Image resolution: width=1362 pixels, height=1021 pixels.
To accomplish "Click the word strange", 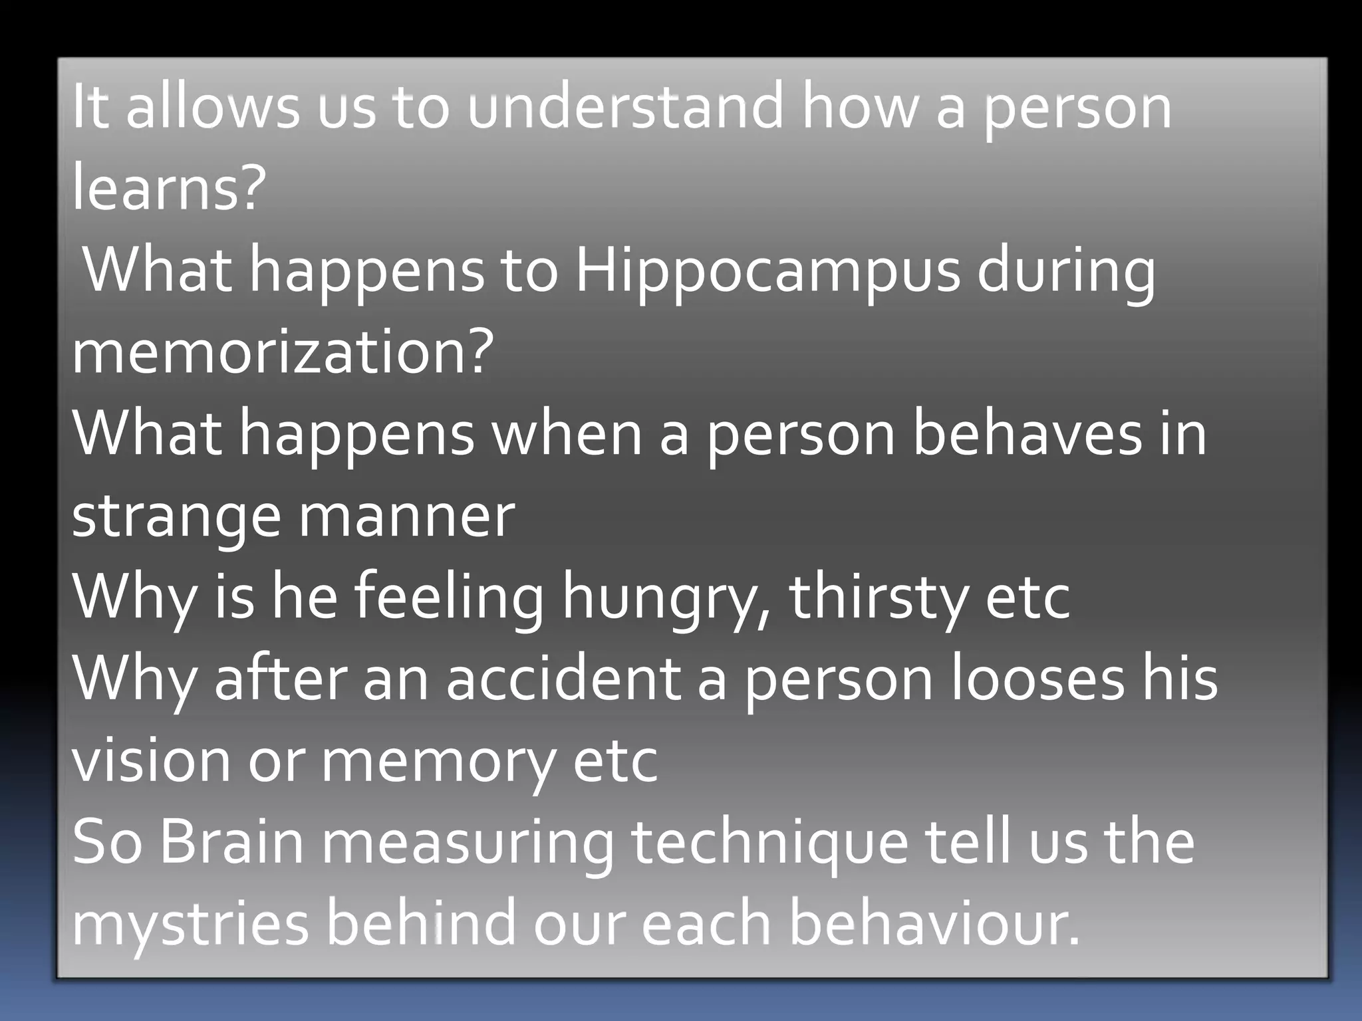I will [x=176, y=517].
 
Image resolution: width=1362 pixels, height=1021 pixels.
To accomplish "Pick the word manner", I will [x=407, y=517].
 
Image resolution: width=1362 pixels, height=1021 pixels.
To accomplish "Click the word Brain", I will [x=231, y=843].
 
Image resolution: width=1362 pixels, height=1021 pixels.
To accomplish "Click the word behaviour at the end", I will [x=934, y=924].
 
